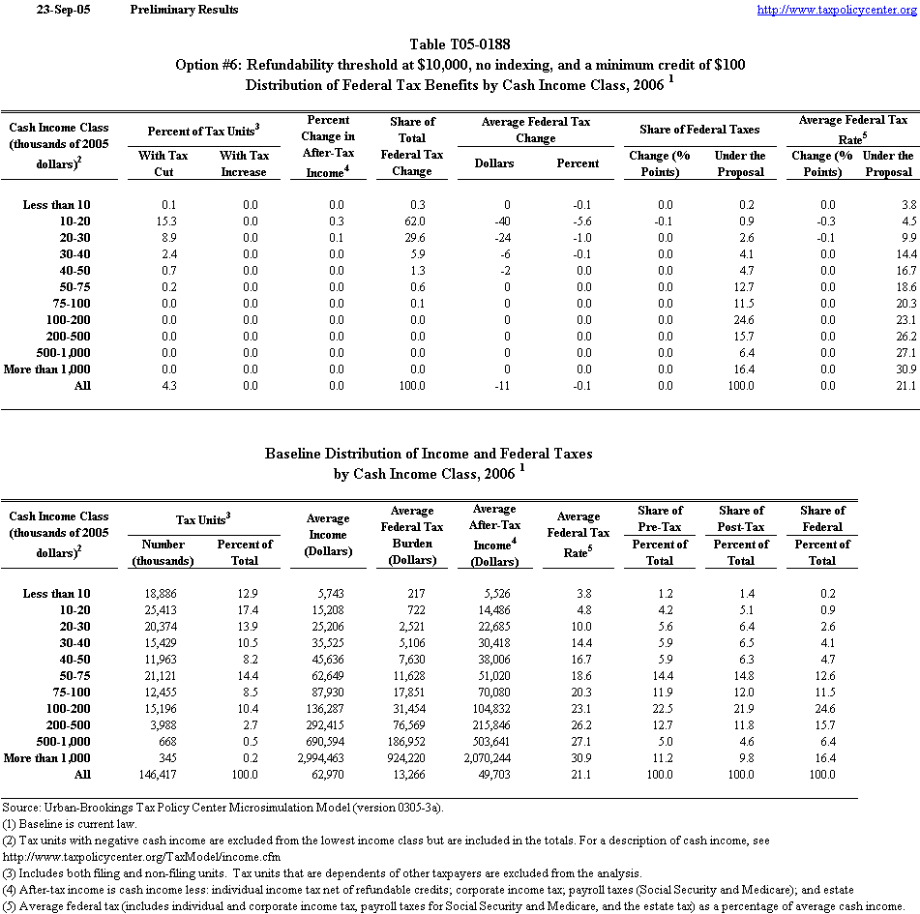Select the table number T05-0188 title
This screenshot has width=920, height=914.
tap(460, 44)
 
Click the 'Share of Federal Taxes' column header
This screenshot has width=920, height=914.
tap(699, 130)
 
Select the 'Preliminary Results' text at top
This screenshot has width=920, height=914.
tap(183, 10)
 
